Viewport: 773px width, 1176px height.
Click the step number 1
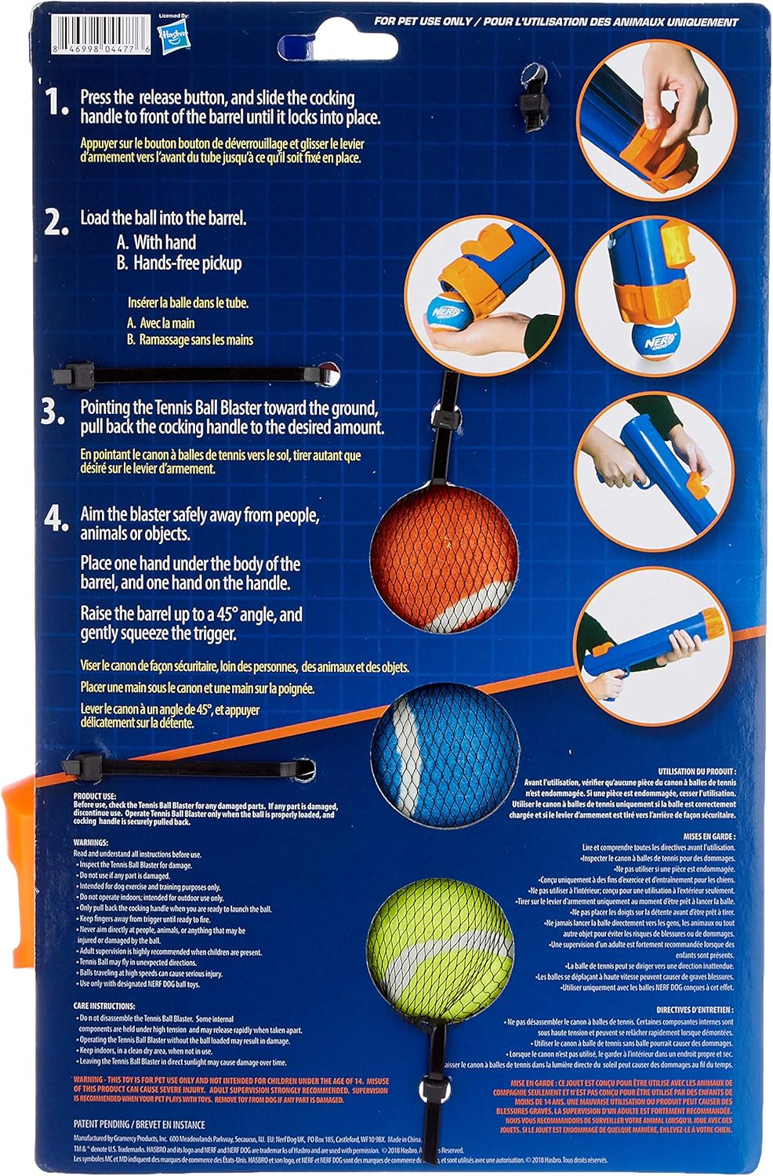[x=56, y=103]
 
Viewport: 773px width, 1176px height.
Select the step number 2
[x=56, y=223]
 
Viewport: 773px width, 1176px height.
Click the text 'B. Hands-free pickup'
[x=179, y=263]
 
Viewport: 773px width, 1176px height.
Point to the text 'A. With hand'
[x=156, y=242]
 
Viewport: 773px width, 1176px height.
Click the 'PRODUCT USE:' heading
[x=95, y=797]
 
